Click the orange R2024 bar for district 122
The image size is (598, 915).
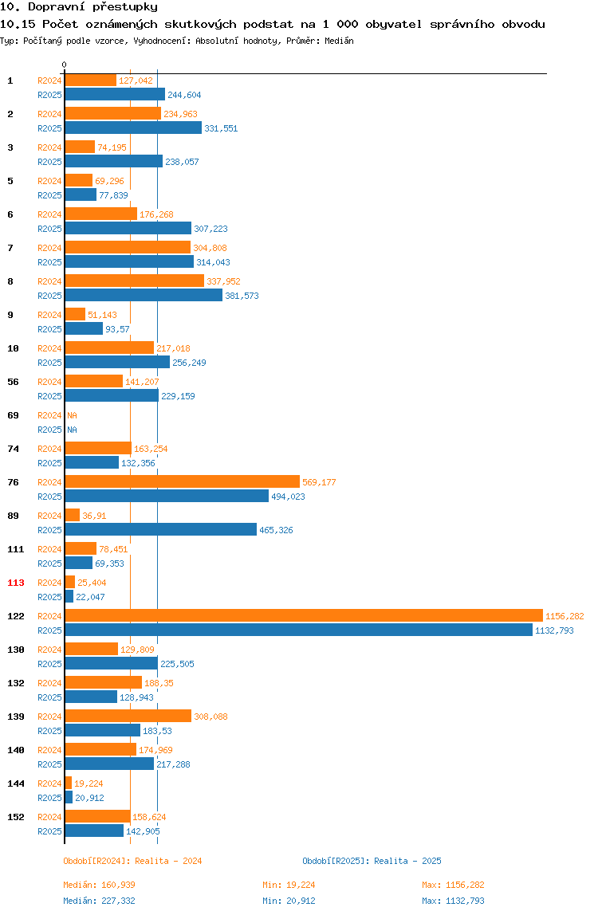(304, 615)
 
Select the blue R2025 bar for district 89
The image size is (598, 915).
(160, 530)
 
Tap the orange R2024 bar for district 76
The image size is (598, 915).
(183, 481)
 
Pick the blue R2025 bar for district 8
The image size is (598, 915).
(144, 295)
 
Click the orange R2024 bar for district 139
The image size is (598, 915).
(128, 716)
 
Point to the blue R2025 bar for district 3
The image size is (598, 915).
(114, 161)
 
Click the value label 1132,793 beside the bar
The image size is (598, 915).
(554, 630)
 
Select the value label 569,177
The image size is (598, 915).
(319, 482)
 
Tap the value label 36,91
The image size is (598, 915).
(94, 516)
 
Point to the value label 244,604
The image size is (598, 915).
(184, 95)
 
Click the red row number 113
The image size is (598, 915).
(16, 583)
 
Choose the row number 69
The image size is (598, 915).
(13, 415)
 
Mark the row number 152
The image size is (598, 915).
(16, 817)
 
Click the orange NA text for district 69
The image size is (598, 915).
(72, 415)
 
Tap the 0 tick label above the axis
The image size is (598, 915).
(65, 65)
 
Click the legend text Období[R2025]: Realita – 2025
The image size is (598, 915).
(372, 861)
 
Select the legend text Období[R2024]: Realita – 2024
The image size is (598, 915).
(132, 861)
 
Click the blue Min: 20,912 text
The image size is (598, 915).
(289, 901)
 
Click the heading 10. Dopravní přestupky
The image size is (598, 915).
(79, 7)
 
